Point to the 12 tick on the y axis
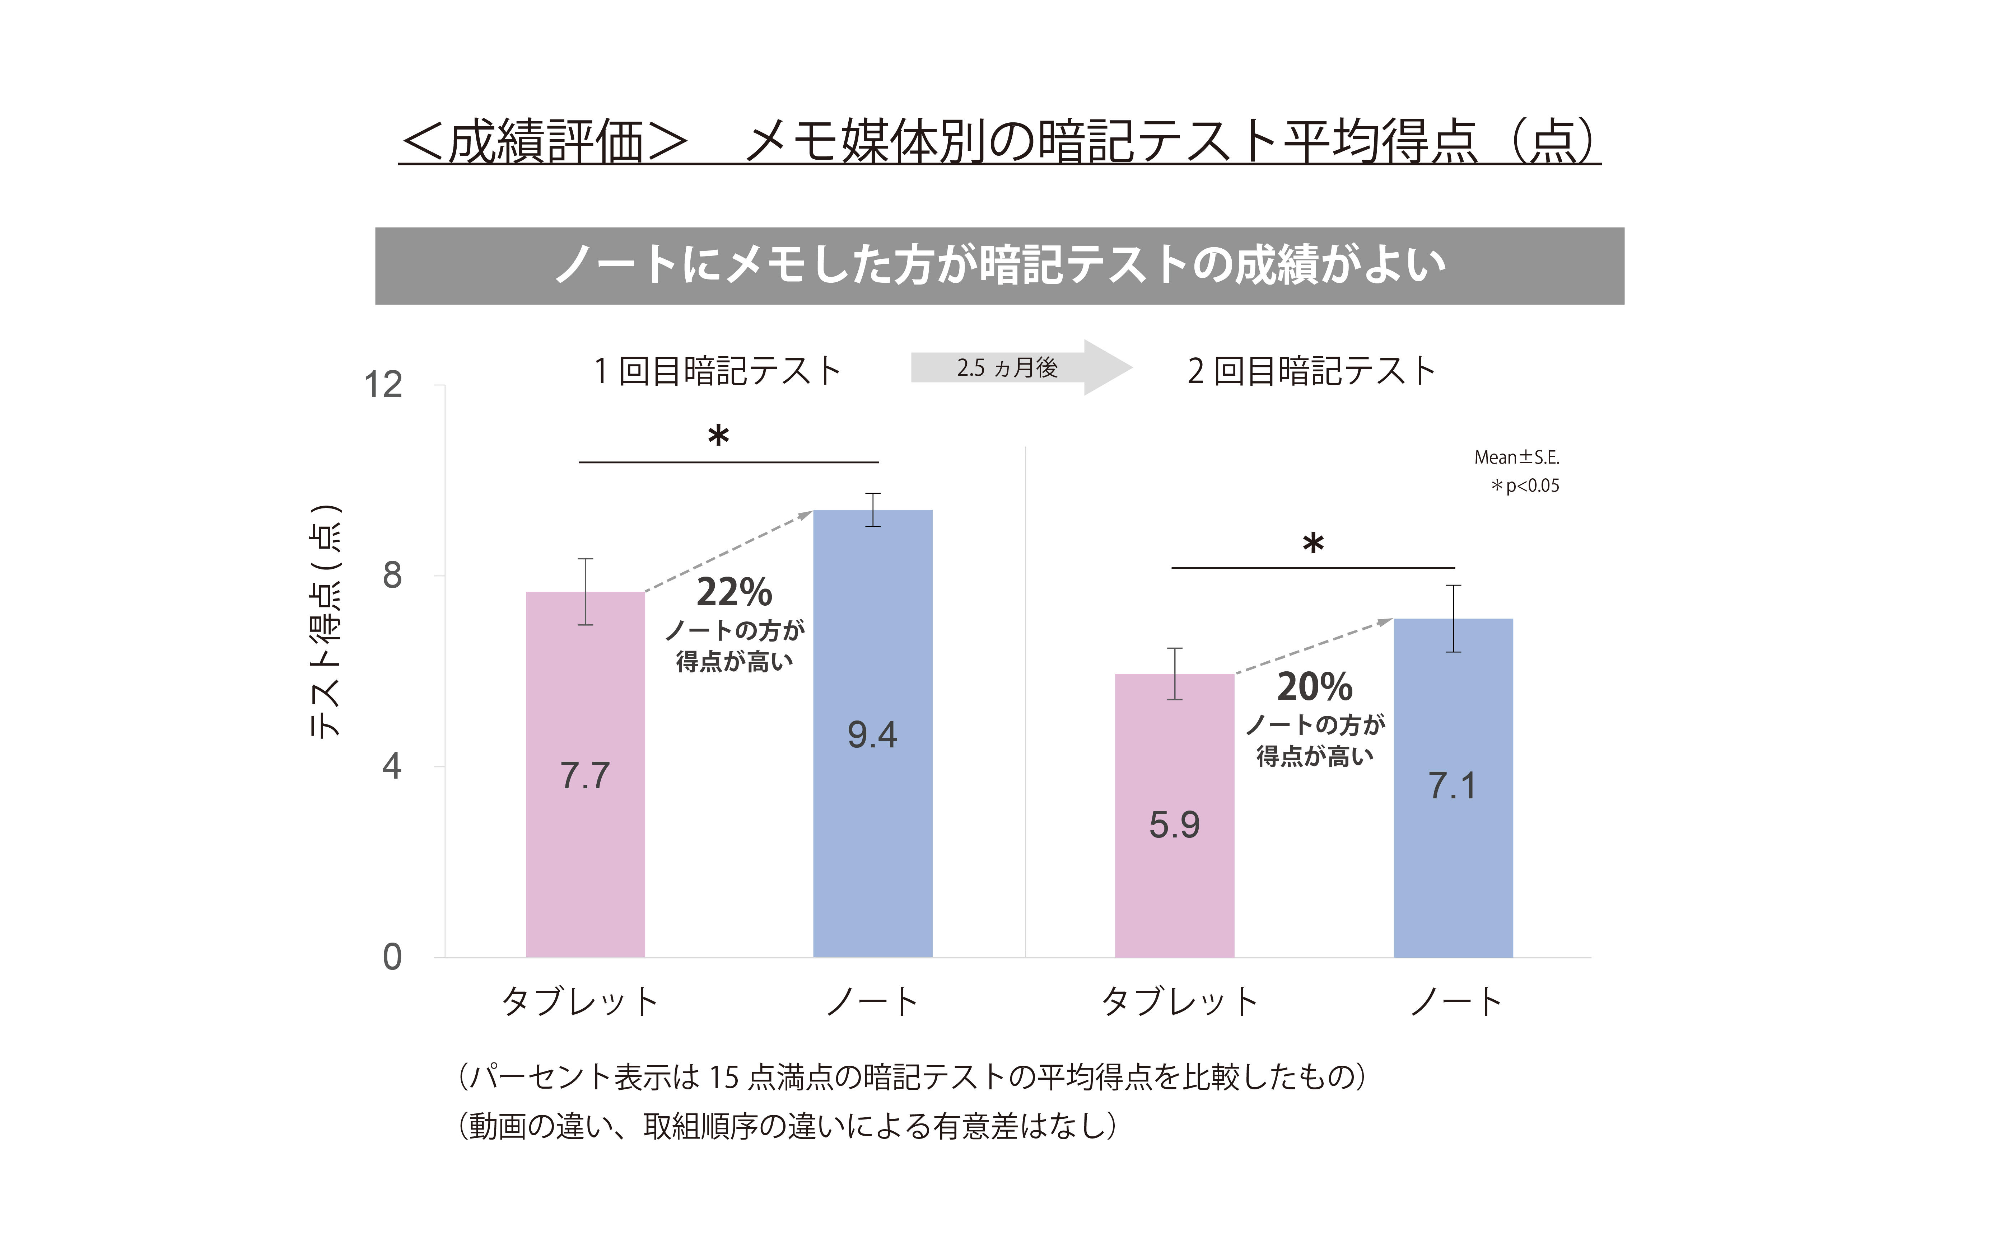384,384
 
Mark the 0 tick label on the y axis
392,957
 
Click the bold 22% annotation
734,592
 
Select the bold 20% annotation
1315,687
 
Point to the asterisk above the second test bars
1313,544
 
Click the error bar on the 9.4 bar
872,510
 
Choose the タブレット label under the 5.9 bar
1179,1001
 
